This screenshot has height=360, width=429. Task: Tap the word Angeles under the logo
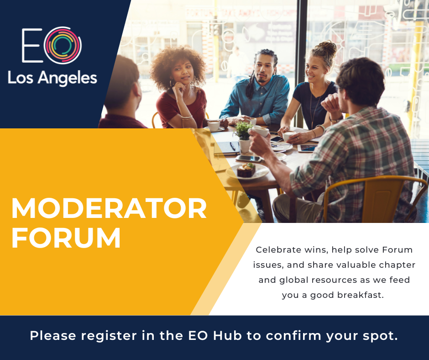67,79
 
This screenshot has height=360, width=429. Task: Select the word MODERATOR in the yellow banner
109,208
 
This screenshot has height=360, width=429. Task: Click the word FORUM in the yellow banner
66,238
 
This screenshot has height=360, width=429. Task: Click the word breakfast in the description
361,295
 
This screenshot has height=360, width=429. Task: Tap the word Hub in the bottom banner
227,336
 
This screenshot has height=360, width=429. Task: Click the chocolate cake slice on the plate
246,170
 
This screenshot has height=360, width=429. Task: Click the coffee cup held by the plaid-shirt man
260,131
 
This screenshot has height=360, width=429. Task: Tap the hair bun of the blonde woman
327,48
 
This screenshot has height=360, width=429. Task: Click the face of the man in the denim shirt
263,69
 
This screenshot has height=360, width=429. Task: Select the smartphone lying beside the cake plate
248,159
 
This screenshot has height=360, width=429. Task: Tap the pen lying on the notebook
233,146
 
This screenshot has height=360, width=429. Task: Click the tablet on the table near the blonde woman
308,148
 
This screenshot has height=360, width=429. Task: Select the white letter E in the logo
32,46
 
